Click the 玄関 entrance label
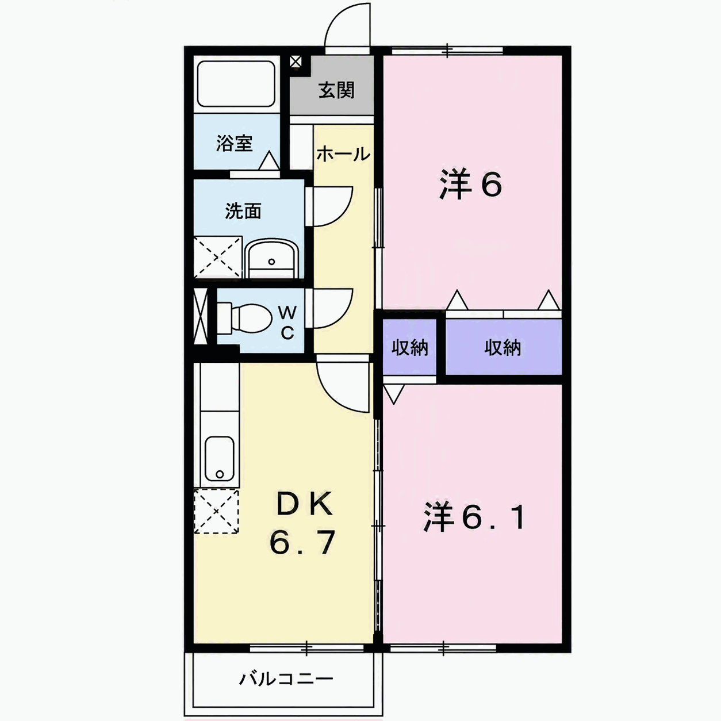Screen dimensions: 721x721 336,90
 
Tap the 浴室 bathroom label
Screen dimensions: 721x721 235,143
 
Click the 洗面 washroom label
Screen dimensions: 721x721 243,211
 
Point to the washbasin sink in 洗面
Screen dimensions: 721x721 272,258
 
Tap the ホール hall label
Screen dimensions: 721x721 343,154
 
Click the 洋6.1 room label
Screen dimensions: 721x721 474,517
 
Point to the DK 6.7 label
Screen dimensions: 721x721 302,524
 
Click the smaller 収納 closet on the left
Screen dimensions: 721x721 409,348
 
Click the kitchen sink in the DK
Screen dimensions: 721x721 219,458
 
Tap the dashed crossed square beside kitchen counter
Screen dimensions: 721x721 216,512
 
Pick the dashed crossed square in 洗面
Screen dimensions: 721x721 218,257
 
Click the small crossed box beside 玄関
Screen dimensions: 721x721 296,62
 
